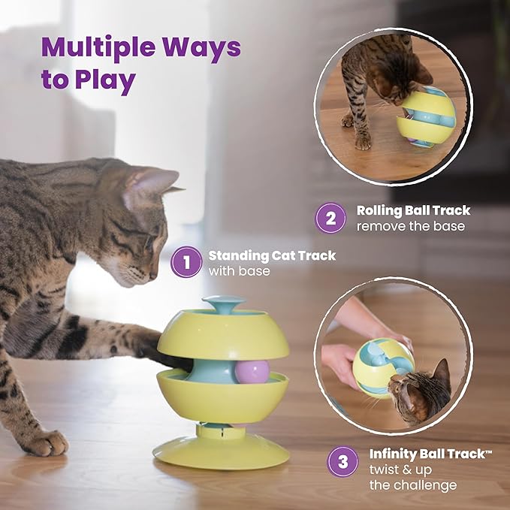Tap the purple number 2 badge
click(330, 219)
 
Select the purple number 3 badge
click(343, 462)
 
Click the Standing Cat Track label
click(271, 255)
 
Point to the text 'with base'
click(239, 270)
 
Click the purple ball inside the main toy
click(252, 370)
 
